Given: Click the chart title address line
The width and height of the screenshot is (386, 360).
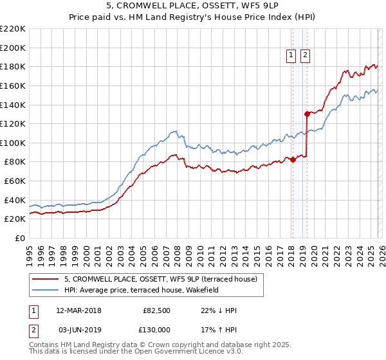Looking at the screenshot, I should pyautogui.click(x=192, y=6).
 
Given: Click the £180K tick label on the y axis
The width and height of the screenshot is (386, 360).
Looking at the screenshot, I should pyautogui.click(x=12, y=66).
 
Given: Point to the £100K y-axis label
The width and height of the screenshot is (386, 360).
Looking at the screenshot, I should pyautogui.click(x=12, y=143).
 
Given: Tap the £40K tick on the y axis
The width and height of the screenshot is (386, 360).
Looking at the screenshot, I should pyautogui.click(x=15, y=200).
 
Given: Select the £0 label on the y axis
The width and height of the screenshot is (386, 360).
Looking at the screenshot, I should pyautogui.click(x=19, y=239).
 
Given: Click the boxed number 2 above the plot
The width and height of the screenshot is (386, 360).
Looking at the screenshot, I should pyautogui.click(x=304, y=56).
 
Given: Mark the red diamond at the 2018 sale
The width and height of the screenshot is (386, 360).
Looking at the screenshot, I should pyautogui.click(x=293, y=159).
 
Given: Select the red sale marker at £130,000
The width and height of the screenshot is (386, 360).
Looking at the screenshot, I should pyautogui.click(x=307, y=114).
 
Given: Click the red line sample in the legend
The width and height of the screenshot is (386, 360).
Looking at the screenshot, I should pyautogui.click(x=46, y=279).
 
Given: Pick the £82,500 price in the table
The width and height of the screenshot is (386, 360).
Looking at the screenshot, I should pyautogui.click(x=157, y=310).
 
